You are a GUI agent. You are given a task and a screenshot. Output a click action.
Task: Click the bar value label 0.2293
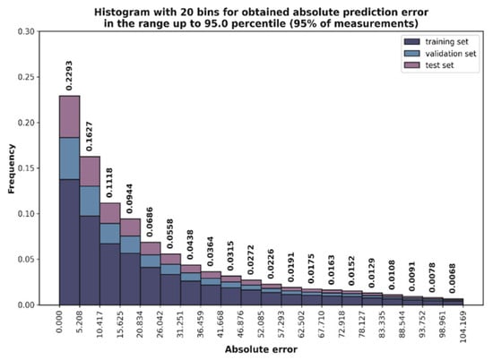(x=69, y=75)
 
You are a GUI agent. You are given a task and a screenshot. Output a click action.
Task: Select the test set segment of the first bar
(x=70, y=116)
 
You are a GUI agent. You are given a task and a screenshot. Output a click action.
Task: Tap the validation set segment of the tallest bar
(x=70, y=159)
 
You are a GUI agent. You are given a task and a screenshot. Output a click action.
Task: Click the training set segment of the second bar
(x=90, y=261)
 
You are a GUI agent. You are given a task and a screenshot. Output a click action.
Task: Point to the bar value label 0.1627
(x=89, y=136)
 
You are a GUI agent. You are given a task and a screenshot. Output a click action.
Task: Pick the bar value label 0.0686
(x=150, y=222)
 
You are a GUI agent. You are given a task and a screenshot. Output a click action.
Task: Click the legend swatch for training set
(x=412, y=42)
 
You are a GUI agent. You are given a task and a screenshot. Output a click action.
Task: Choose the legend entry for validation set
(x=440, y=54)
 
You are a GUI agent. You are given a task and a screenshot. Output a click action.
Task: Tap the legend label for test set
(x=439, y=65)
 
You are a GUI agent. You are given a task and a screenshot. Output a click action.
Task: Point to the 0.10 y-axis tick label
(x=26, y=214)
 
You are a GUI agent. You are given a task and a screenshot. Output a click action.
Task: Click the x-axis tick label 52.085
(x=261, y=324)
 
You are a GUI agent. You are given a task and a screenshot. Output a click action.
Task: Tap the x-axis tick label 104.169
(x=463, y=326)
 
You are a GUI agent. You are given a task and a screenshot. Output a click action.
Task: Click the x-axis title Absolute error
(x=261, y=349)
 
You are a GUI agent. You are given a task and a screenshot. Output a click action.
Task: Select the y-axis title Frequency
(x=12, y=168)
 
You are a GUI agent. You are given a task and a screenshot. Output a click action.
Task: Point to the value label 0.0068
(x=452, y=279)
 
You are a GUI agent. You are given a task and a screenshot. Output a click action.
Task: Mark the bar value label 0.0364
(x=210, y=252)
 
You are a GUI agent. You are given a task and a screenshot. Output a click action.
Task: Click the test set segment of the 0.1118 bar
(x=110, y=213)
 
